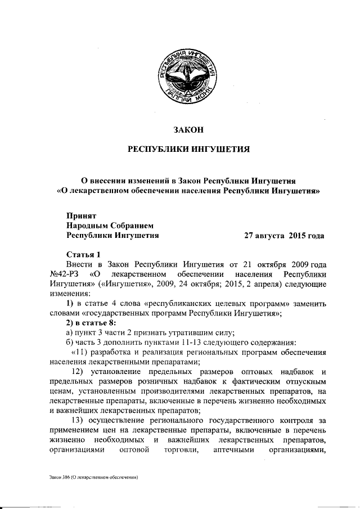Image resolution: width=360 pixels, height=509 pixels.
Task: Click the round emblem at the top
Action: (187, 76)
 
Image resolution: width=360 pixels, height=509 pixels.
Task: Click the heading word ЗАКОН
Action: (187, 130)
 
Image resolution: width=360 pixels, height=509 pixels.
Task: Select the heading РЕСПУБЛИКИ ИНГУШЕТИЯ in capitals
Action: (187, 150)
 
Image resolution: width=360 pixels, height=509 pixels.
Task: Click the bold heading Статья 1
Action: (83, 254)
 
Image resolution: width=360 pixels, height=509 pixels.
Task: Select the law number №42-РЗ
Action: (62, 274)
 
